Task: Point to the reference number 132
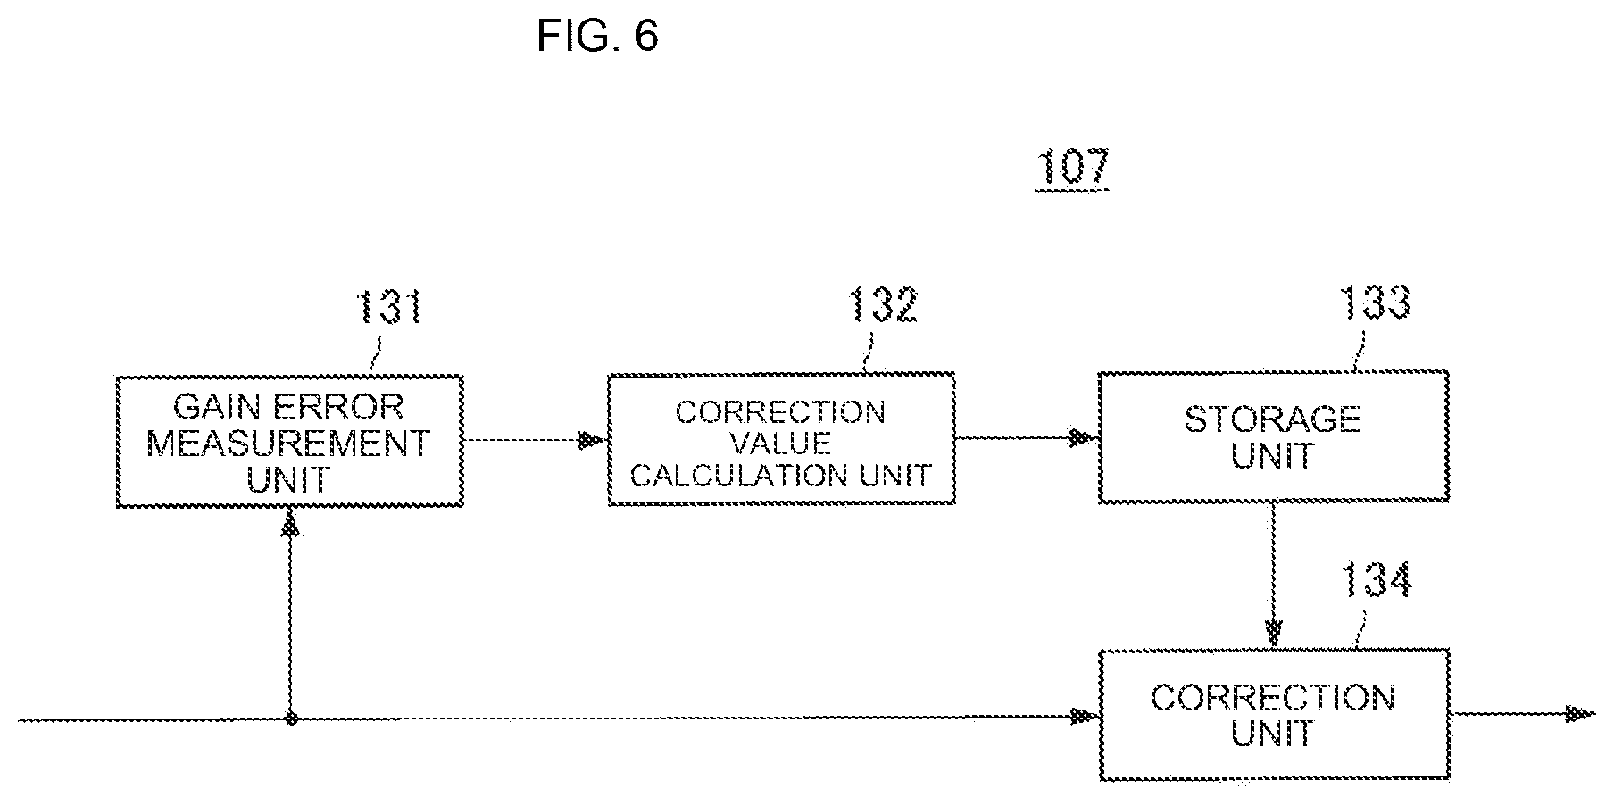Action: pos(883,306)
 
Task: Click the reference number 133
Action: pos(1376,303)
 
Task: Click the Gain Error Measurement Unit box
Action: pos(290,442)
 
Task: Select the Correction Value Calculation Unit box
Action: pos(781,440)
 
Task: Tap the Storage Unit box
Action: pos(1273,436)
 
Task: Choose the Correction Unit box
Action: pos(1273,715)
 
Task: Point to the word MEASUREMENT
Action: pos(288,444)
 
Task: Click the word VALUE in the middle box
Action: pos(781,443)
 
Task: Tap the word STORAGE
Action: pos(1272,419)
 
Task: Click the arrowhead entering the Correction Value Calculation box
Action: pos(593,440)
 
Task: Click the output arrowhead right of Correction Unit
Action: pos(1580,713)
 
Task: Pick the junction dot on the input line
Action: pos(290,718)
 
